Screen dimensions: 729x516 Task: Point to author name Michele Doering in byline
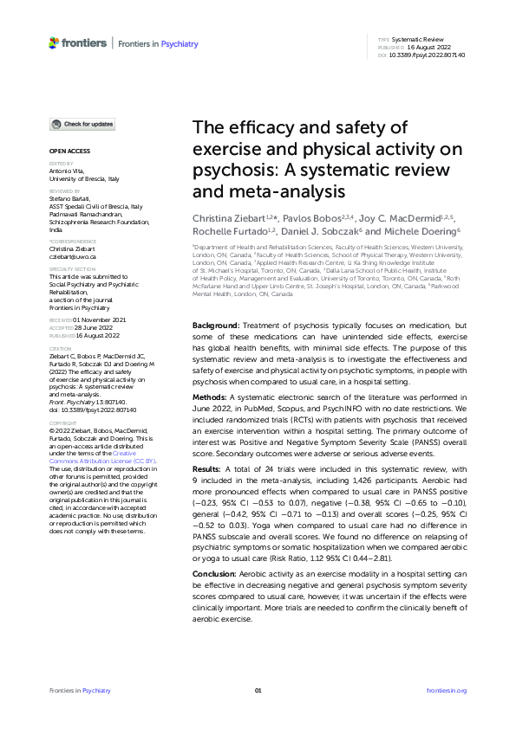[x=419, y=231]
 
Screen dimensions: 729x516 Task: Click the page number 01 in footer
[x=258, y=690]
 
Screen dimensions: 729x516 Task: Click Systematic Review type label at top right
[x=419, y=41]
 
